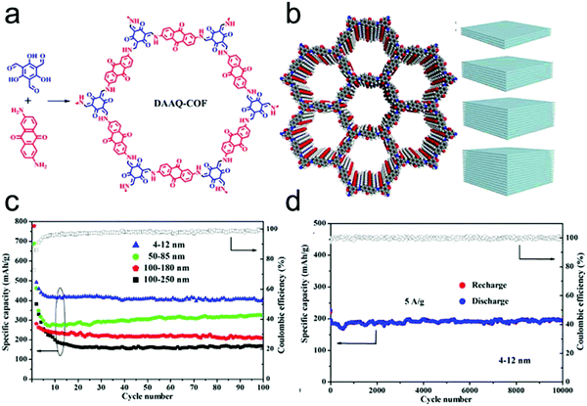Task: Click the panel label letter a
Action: (11, 13)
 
